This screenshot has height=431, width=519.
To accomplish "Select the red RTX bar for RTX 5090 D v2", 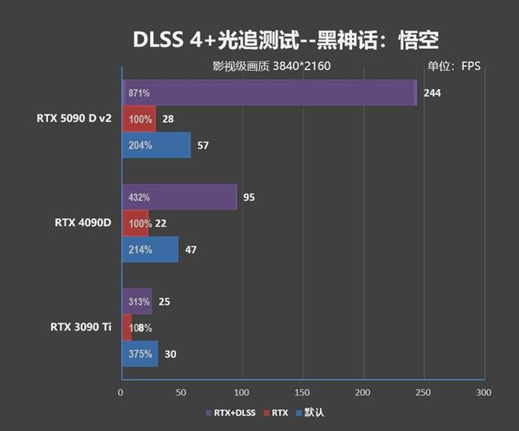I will pos(138,119).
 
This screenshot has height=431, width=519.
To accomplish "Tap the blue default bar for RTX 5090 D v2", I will pos(156,146).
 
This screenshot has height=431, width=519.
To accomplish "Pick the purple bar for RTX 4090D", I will pos(179,197).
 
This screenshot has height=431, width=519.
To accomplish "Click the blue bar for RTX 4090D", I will pos(149,250).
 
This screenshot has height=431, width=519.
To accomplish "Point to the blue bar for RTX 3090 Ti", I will pos(139,354).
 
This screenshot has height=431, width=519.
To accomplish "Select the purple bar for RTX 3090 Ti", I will pos(136,301).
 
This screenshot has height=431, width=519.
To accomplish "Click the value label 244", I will pos(432,93).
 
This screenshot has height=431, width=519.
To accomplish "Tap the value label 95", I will pos(248,197).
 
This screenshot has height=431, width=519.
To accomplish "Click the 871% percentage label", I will pos(139,93).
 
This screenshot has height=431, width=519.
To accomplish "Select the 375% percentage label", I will pos(139,354).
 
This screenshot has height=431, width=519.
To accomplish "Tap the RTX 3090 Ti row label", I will pos(80,327).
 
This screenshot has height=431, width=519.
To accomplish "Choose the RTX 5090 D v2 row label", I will pos(74,119).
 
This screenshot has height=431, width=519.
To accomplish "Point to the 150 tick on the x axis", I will pos(302,392).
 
